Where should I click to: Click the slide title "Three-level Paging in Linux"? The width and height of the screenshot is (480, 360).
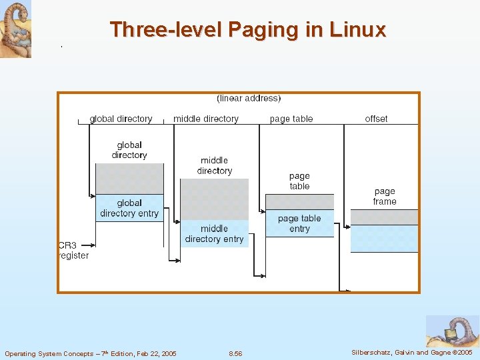tap(247, 30)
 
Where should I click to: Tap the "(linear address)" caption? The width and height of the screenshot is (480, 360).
tap(249, 99)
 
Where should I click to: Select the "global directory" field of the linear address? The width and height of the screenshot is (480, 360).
tap(121, 119)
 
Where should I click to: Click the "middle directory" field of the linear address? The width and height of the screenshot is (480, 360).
tap(205, 119)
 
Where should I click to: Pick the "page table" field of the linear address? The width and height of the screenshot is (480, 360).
tap(291, 119)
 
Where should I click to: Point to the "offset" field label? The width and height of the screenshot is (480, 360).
tap(376, 119)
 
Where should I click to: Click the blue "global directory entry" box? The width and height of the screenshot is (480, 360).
tap(129, 208)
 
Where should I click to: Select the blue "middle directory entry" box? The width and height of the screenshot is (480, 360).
tap(214, 234)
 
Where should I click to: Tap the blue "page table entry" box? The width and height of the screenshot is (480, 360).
tap(299, 223)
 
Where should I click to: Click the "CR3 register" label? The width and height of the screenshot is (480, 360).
tap(73, 250)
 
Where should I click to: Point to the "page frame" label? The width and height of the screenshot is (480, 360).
tap(385, 197)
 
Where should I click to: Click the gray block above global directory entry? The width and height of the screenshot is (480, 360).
tap(129, 178)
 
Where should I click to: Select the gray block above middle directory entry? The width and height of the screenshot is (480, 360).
tap(214, 199)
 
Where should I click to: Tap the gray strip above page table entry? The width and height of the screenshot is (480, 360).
tap(299, 201)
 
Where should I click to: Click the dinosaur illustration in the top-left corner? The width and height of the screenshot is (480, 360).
tap(15, 29)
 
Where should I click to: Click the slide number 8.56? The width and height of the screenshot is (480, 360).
tap(235, 353)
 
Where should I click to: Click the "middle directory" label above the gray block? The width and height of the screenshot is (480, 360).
tap(214, 165)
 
